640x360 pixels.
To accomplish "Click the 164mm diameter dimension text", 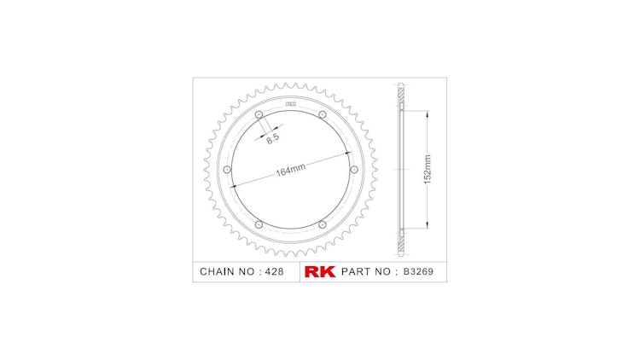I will click(x=291, y=170).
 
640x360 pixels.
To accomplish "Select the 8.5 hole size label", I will click(x=271, y=136).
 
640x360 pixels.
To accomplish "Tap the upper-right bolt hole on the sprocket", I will click(x=321, y=115).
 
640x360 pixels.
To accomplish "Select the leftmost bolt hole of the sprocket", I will click(x=226, y=170).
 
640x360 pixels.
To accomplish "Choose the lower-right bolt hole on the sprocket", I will click(x=321, y=224).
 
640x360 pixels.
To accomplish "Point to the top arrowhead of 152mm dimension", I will click(x=424, y=114).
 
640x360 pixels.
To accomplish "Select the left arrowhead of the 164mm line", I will click(x=230, y=185).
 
